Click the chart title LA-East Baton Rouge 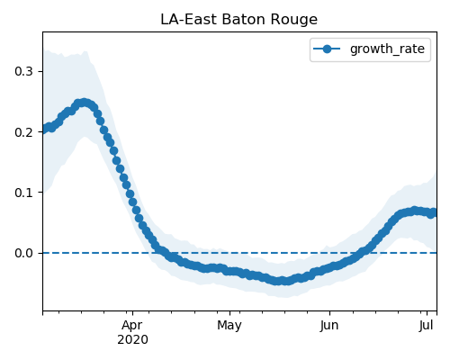coord(238,20)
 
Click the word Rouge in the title coord(293,21)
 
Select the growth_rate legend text coord(387,49)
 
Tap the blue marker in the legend coord(327,49)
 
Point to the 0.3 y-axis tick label coord(23,71)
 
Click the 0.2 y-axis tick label coord(23,132)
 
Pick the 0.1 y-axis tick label coord(23,193)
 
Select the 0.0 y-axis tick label coord(23,253)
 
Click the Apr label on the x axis coord(132,326)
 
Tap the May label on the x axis coord(229,326)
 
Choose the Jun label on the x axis coord(329,326)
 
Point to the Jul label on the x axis coord(427,325)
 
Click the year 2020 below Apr coord(132,340)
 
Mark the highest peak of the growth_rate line coord(84,103)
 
